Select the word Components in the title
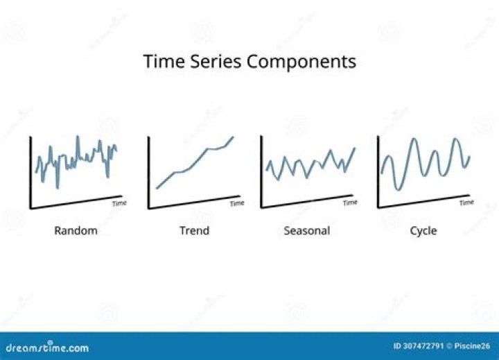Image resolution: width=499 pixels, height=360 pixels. click(x=301, y=62)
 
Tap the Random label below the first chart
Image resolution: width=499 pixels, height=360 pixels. click(x=76, y=230)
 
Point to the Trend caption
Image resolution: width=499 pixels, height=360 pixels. click(x=194, y=230)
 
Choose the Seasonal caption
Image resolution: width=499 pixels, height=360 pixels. click(x=306, y=230)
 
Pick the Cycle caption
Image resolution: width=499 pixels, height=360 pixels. click(x=423, y=230)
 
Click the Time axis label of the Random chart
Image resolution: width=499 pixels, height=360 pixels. click(x=119, y=204)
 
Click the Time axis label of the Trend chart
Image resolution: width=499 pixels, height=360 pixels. click(x=237, y=204)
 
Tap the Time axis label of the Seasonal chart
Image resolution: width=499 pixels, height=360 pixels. click(x=350, y=203)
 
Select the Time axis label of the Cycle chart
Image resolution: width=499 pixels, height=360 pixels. click(x=466, y=203)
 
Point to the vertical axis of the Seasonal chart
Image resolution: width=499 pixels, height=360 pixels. click(x=261, y=171)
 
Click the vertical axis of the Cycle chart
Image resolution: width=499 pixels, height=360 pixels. click(x=378, y=171)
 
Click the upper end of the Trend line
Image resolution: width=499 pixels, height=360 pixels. click(x=233, y=137)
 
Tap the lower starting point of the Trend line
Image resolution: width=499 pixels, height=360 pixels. click(x=157, y=188)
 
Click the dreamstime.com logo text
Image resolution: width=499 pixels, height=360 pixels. click(x=47, y=348)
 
